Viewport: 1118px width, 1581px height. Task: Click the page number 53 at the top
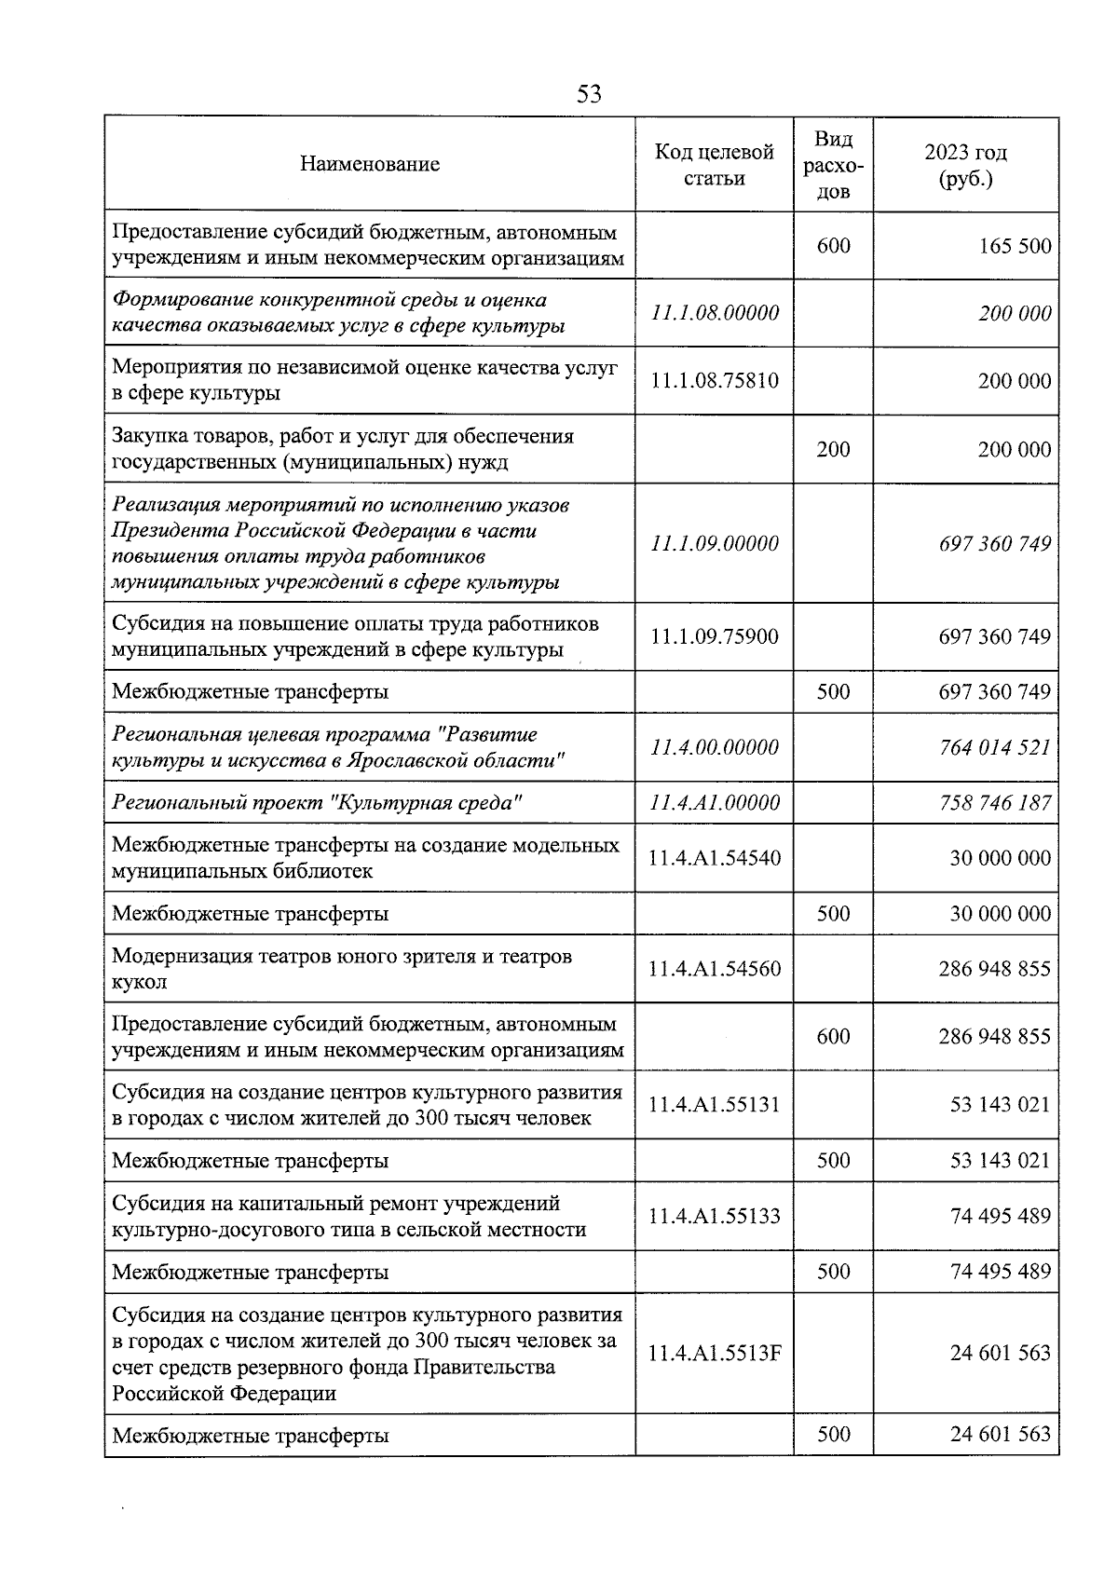click(589, 94)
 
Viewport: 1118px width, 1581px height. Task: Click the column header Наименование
click(370, 165)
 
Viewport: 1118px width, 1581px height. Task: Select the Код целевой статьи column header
click(715, 165)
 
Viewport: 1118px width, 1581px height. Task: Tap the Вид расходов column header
click(833, 165)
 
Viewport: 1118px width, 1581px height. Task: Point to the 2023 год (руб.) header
click(965, 165)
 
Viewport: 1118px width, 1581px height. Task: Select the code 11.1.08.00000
click(715, 313)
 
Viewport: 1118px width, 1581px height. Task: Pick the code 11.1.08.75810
click(715, 381)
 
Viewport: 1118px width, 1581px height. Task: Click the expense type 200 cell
click(833, 449)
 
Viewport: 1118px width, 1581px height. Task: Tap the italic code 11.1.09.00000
click(715, 543)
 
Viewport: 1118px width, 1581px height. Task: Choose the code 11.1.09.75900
click(715, 637)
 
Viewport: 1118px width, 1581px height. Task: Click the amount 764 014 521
click(995, 747)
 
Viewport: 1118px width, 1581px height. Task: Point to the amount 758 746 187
click(995, 803)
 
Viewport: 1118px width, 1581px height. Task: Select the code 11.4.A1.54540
click(715, 858)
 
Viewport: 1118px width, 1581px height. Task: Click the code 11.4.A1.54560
click(715, 969)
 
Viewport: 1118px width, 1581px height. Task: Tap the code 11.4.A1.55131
click(715, 1105)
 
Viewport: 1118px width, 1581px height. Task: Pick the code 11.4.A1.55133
click(715, 1216)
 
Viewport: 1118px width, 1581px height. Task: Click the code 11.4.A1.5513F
click(715, 1353)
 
